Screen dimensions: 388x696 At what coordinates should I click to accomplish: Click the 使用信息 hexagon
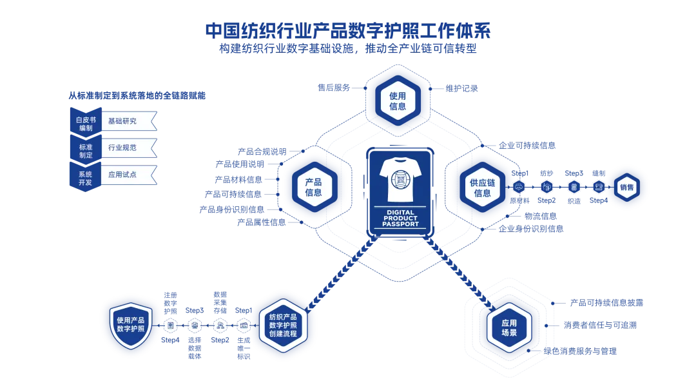398,101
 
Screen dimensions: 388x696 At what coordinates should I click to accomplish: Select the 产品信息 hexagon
314,187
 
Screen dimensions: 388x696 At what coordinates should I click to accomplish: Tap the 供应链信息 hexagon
482,188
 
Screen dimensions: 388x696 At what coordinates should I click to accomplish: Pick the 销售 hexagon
626,188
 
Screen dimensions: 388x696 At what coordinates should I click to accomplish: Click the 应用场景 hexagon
509,327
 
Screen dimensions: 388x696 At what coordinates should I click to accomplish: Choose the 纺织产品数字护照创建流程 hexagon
283,325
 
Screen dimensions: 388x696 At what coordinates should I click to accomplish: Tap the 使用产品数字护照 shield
131,325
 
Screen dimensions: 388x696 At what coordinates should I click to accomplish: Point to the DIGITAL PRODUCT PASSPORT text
400,218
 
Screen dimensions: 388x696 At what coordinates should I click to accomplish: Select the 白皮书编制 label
86,124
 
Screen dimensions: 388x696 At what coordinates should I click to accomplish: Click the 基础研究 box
128,121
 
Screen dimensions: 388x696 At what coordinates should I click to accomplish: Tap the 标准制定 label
86,151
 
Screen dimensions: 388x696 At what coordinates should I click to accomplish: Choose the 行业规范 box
128,148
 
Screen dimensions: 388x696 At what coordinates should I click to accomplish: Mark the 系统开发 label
85,178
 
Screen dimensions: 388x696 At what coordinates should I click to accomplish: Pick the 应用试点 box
128,175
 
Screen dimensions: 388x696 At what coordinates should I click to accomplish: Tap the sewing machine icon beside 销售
599,187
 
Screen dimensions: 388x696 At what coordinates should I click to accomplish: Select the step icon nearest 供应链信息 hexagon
519,187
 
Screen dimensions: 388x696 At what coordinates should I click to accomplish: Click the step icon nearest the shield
171,325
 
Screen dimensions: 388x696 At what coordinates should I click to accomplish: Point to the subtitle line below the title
348,48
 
